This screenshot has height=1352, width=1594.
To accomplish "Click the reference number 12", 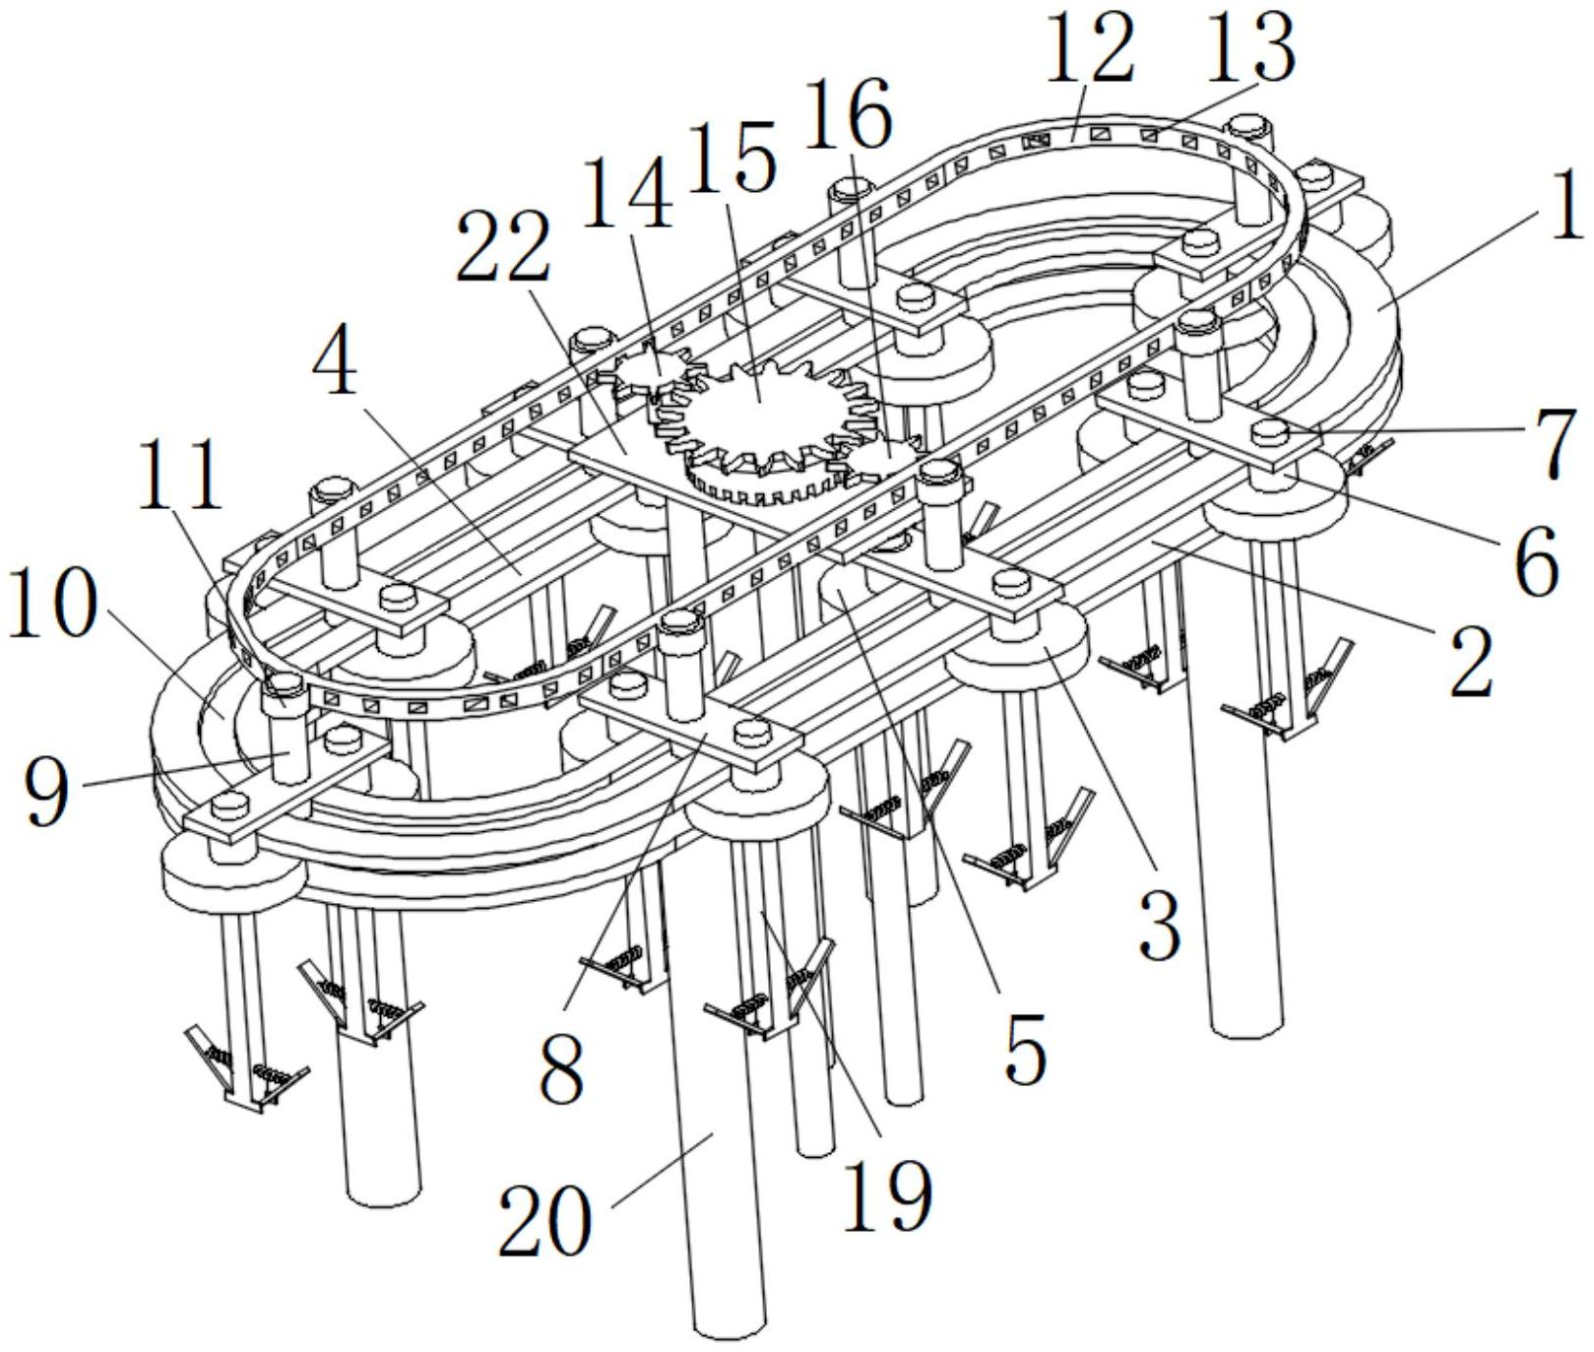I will [1090, 52].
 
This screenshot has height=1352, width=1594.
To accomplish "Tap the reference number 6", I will [1536, 561].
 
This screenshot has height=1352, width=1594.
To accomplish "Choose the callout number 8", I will [563, 1068].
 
